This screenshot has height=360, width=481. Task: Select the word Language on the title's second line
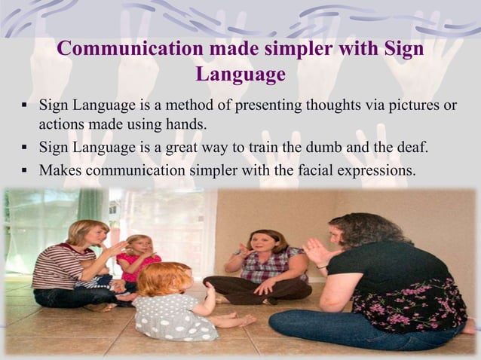pyautogui.click(x=240, y=75)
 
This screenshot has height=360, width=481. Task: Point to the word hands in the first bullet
pyautogui.click(x=183, y=124)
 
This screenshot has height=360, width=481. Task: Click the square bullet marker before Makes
pyautogui.click(x=25, y=171)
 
